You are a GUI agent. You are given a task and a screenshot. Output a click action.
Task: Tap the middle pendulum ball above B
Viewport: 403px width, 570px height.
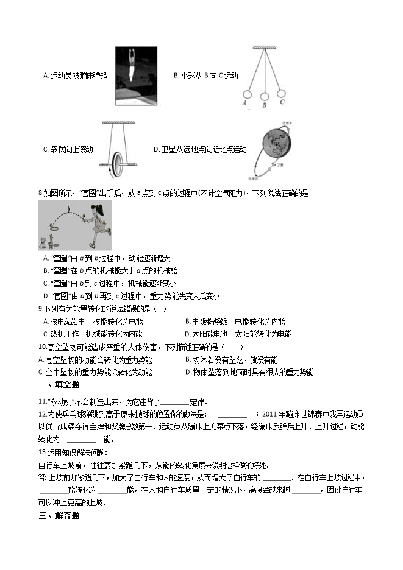(x=265, y=96)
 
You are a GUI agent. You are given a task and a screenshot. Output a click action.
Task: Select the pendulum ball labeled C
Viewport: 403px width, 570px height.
(x=282, y=94)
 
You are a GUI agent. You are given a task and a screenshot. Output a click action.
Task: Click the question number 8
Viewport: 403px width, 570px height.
(x=40, y=194)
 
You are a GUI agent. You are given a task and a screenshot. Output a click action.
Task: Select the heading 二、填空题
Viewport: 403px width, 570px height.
(x=59, y=384)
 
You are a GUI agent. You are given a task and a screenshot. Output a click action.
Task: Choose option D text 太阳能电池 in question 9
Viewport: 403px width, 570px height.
(x=210, y=334)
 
